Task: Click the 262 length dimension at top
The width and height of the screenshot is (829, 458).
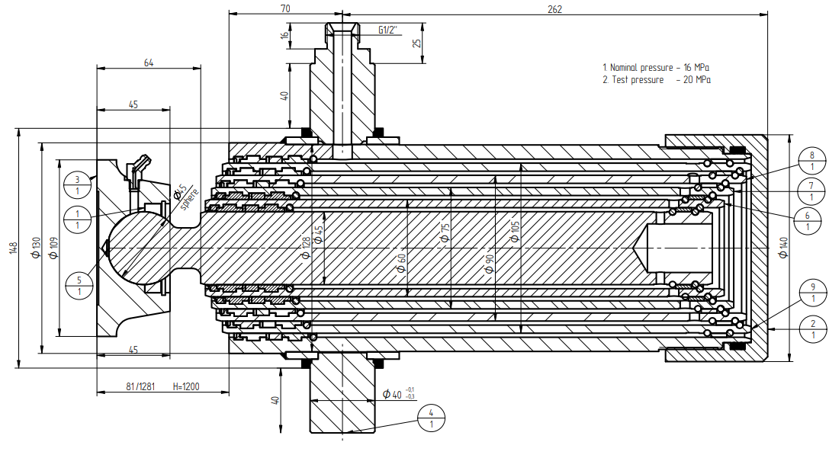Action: click(x=554, y=10)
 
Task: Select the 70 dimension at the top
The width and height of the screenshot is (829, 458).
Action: click(x=285, y=10)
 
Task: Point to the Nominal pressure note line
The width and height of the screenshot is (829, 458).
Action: click(x=656, y=68)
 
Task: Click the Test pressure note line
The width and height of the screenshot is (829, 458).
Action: click(x=656, y=80)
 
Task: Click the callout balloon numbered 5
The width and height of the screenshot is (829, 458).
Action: click(x=79, y=285)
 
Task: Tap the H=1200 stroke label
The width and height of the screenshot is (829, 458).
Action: click(x=186, y=386)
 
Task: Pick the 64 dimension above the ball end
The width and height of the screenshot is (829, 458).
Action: click(x=149, y=63)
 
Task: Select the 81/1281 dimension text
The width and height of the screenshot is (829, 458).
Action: click(x=140, y=386)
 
